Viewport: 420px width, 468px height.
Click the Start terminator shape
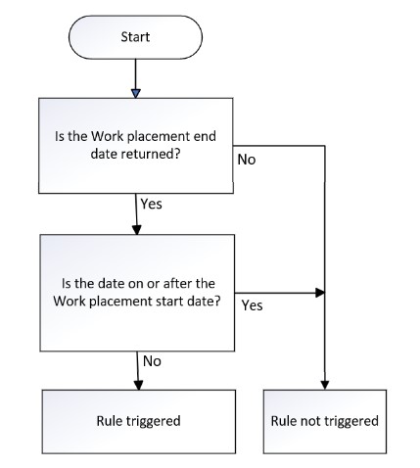point(135,36)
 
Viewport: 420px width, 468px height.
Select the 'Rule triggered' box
point(136,421)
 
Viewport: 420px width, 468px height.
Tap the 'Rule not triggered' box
point(323,421)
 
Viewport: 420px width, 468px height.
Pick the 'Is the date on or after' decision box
point(136,293)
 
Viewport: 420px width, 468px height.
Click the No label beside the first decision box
point(246,159)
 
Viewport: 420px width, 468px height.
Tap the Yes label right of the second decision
point(252,305)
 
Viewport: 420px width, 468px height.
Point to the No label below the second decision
point(153,360)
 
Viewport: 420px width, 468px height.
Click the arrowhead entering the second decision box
point(136,230)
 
